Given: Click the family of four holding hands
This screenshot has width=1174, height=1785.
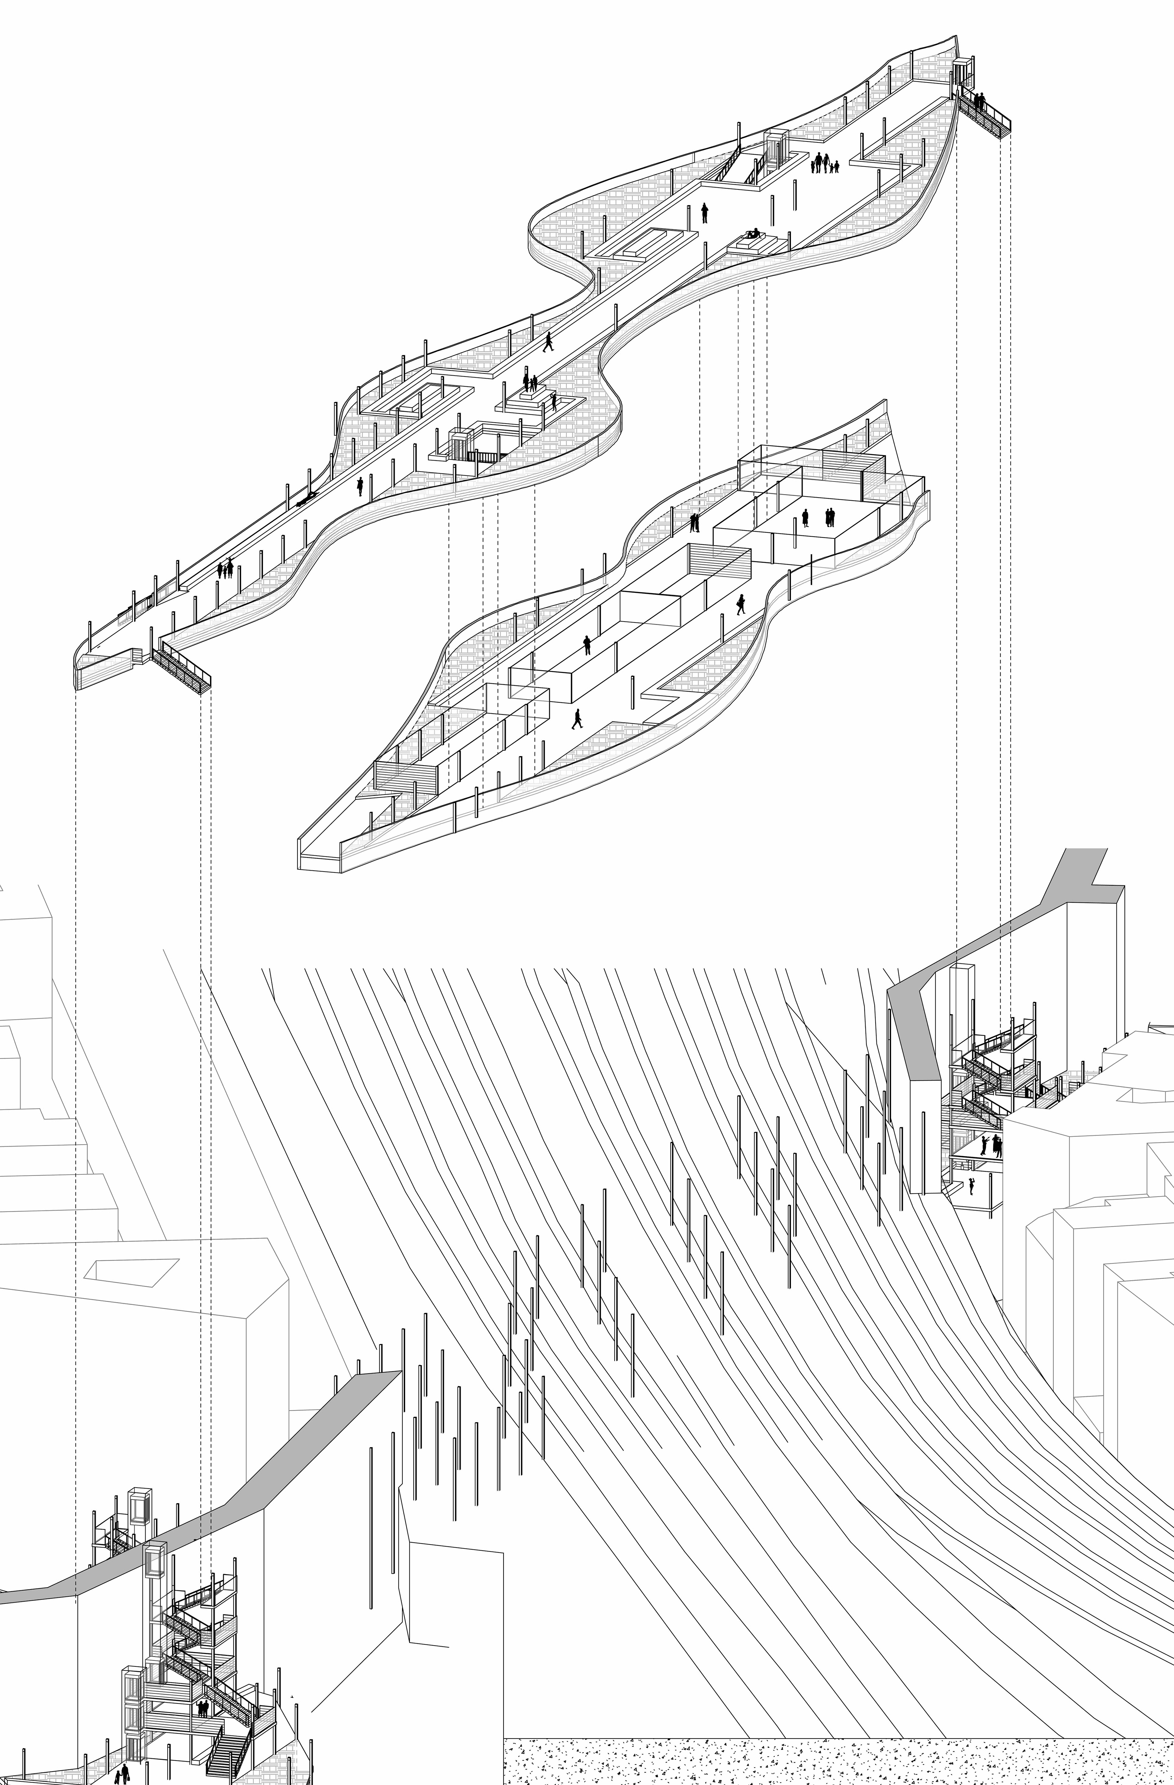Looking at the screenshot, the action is pyautogui.click(x=825, y=163).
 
